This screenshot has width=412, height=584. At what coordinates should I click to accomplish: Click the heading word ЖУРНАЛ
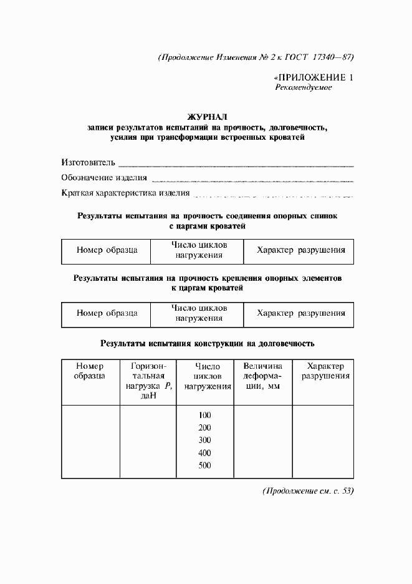(x=208, y=117)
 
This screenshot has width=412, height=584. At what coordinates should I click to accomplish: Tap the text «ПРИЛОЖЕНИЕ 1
(x=314, y=77)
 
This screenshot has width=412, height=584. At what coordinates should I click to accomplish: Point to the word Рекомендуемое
(x=304, y=88)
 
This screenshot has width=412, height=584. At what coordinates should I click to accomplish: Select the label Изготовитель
(x=89, y=162)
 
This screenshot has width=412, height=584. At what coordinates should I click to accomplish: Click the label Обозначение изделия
(x=104, y=178)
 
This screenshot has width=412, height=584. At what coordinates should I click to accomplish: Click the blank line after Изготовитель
(x=236, y=165)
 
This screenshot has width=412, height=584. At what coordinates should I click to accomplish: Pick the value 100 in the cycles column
(x=205, y=416)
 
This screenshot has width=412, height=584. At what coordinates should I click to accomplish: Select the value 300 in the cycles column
(x=205, y=440)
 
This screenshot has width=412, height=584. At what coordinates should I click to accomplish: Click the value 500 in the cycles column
(x=205, y=465)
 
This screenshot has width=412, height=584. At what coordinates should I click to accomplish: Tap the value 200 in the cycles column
(x=205, y=428)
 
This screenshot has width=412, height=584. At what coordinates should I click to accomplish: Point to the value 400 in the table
(x=205, y=453)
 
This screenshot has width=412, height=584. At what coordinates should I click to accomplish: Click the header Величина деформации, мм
(x=262, y=376)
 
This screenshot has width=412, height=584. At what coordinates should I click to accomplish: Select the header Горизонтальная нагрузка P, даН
(x=148, y=381)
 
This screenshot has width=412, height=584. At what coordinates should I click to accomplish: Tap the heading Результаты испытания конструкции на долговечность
(x=208, y=343)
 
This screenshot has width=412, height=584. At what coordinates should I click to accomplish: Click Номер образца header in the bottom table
(x=90, y=371)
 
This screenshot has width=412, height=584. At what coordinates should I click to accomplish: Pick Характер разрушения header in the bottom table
(x=325, y=371)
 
